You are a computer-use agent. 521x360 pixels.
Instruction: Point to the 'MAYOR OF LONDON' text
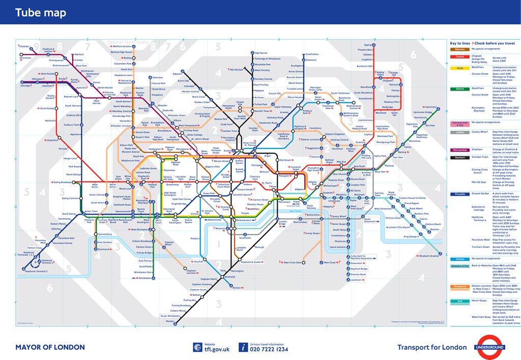coord(49,347)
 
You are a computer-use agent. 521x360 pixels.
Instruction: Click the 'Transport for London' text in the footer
coord(431,347)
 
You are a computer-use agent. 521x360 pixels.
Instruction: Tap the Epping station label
coord(367,45)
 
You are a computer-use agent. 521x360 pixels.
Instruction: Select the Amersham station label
coord(25,58)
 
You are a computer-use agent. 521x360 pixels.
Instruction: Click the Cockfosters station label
coord(312,54)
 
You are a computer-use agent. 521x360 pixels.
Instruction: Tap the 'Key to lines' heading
coord(460,43)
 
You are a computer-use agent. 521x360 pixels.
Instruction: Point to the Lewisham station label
coord(356,280)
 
